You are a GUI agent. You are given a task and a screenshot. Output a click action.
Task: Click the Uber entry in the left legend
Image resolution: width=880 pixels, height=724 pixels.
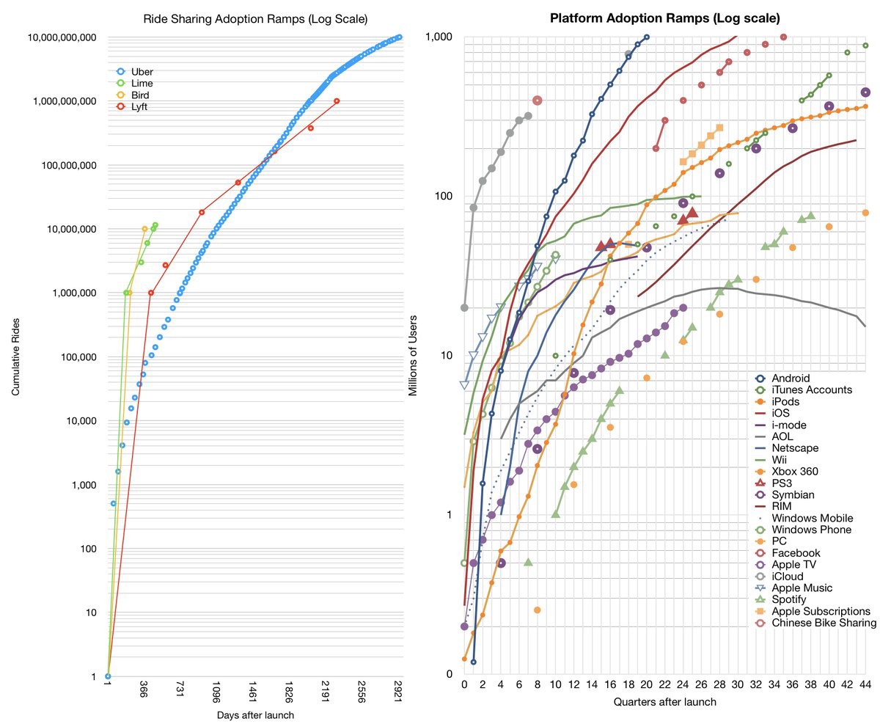142,72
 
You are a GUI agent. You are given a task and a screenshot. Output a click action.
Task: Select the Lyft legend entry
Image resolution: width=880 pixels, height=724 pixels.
139,107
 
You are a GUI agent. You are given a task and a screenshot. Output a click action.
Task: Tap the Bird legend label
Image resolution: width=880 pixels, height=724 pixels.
140,95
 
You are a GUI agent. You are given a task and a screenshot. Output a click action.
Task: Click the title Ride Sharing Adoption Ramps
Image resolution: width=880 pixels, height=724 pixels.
255,18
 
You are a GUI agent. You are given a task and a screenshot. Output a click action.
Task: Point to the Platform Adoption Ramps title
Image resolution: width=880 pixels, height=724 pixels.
664,18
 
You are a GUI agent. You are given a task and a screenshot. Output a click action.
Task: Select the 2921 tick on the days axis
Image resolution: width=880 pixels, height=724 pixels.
398,696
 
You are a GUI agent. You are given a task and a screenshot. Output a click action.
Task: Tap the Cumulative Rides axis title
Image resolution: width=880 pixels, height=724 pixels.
15,356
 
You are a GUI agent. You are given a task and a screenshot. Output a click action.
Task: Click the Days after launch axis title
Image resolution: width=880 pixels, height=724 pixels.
255,714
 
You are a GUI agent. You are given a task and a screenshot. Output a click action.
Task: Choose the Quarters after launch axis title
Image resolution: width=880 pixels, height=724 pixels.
664,702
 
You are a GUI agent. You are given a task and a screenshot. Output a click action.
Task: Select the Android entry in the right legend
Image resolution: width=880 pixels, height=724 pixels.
791,379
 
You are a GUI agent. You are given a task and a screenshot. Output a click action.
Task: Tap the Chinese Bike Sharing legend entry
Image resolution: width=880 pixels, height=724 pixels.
824,623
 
